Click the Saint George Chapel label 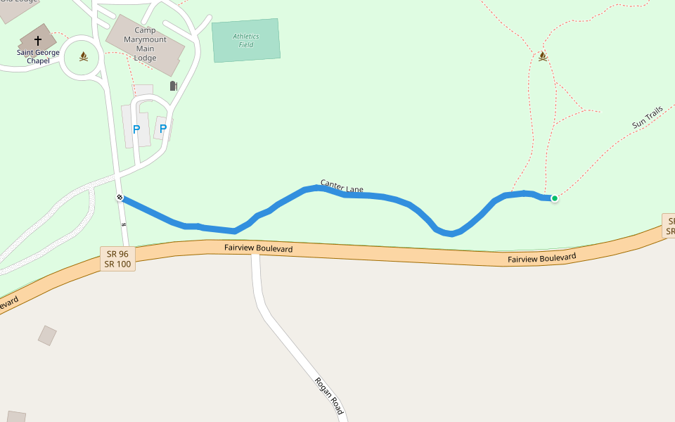[38, 56]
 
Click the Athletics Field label [245, 41]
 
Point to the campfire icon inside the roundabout [84, 56]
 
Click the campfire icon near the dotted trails [542, 56]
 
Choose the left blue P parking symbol [136, 129]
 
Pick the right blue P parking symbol [163, 129]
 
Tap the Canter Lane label [342, 186]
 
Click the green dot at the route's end [554, 198]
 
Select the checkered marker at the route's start [120, 198]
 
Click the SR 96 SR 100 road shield [117, 259]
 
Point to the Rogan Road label [329, 396]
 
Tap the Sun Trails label [648, 117]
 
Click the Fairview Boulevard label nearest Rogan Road [258, 248]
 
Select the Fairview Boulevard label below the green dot [541, 258]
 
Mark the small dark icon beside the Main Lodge [174, 86]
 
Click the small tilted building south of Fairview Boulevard [47, 335]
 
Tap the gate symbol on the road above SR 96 [124, 224]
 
